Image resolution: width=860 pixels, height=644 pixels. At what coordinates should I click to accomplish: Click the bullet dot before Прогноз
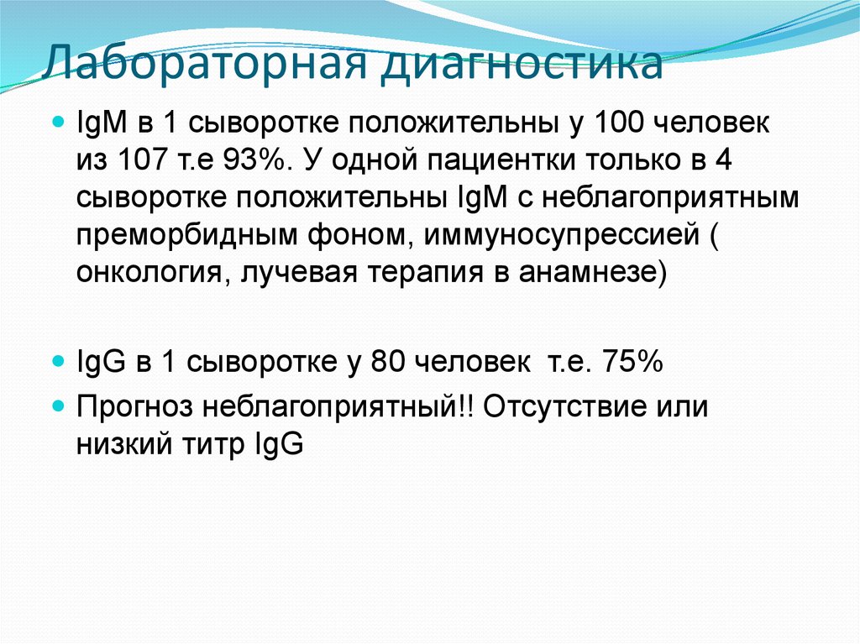coord(57,406)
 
